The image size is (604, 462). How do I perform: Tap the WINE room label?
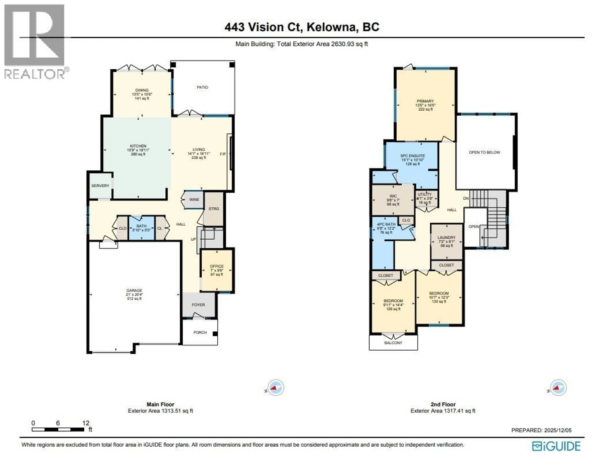(x=194, y=199)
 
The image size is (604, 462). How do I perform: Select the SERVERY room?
(x=100, y=186)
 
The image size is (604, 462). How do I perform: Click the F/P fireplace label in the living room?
(x=223, y=154)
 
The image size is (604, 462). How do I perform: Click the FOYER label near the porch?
(x=198, y=305)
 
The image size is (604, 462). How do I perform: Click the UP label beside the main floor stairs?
(x=193, y=239)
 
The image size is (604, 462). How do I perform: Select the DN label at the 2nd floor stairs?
(x=466, y=198)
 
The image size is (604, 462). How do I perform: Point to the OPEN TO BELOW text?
(x=484, y=152)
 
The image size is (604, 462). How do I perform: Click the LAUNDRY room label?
(x=446, y=237)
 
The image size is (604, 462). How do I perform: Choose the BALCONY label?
(x=393, y=343)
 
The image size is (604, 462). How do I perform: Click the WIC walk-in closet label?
(x=393, y=196)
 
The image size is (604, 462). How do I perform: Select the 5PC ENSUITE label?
(x=412, y=156)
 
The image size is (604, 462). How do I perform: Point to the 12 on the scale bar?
(x=86, y=423)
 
